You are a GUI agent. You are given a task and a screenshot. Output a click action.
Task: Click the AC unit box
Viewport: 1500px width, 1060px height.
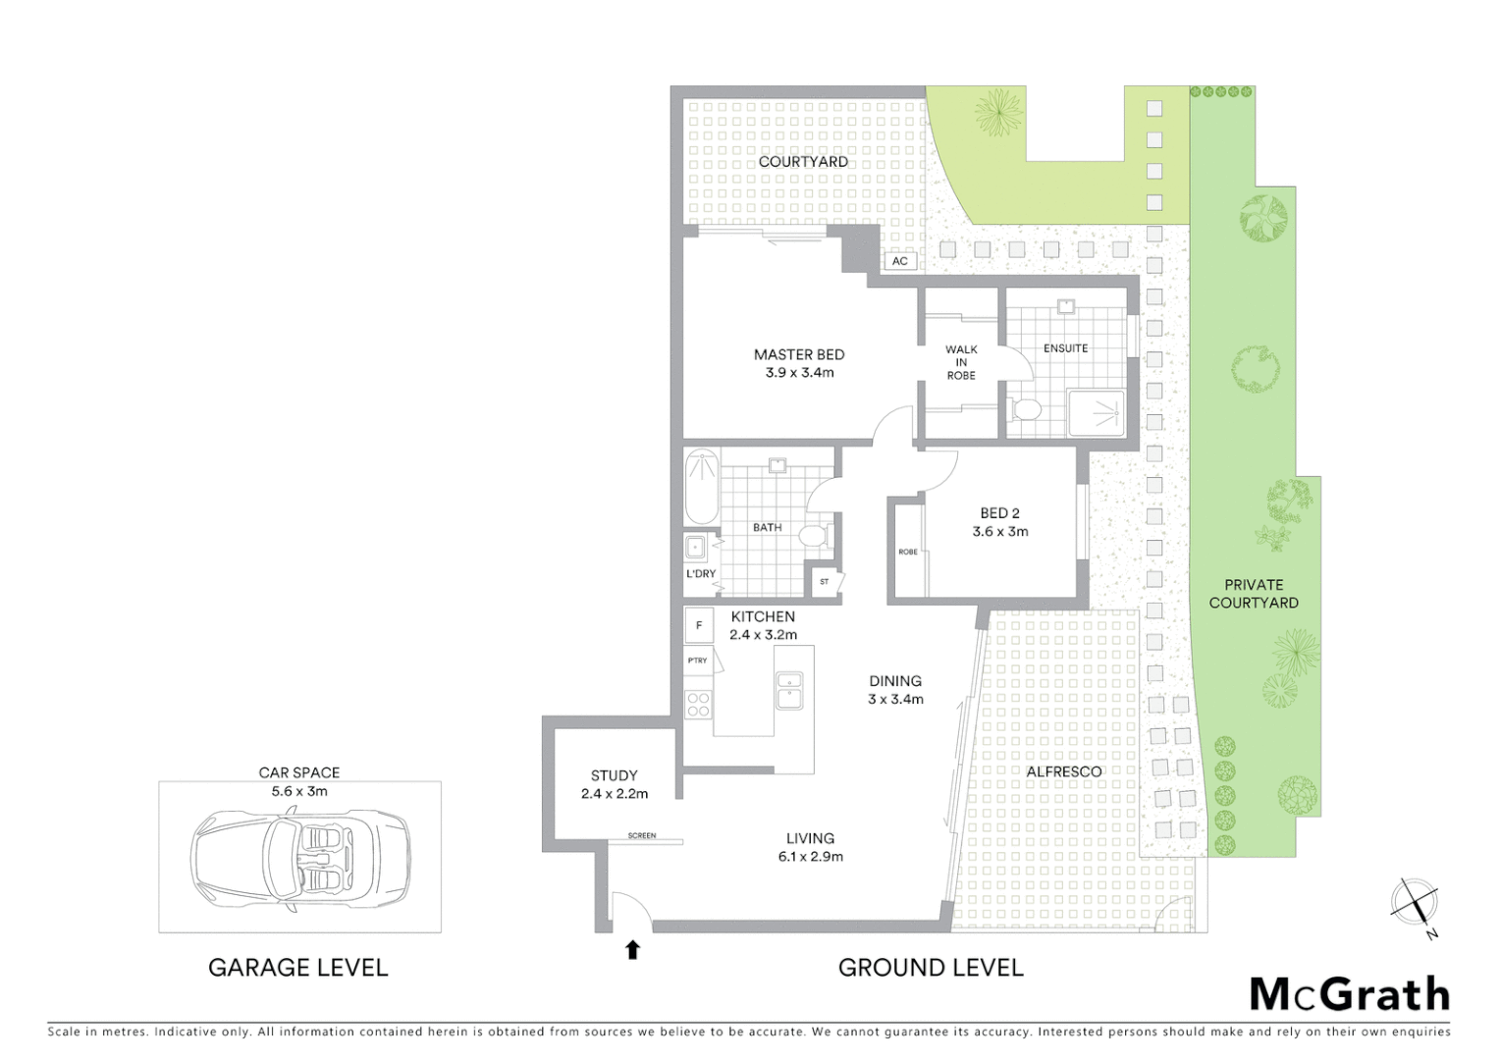899,261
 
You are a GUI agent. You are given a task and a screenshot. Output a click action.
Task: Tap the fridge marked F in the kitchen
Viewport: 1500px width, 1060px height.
699,625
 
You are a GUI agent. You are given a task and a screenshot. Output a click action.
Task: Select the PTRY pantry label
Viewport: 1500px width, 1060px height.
698,661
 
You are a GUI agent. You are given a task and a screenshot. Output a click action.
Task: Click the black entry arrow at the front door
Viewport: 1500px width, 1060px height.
633,949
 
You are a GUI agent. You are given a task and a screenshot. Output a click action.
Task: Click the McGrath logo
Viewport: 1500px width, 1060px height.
1349,994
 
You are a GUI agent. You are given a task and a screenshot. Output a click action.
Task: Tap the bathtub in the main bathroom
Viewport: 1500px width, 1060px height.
700,487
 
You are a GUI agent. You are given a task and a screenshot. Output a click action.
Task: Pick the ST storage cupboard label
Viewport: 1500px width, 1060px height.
825,581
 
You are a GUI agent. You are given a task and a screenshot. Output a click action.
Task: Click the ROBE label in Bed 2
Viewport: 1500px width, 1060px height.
908,552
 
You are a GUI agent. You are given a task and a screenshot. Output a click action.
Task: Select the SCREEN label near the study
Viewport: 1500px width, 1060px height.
642,836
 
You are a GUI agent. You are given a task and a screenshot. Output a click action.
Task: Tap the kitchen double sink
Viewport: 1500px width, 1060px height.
788,690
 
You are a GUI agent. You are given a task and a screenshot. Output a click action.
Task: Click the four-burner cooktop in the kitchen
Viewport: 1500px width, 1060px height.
698,705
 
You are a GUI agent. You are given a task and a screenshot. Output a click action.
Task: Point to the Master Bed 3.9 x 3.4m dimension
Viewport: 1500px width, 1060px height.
799,373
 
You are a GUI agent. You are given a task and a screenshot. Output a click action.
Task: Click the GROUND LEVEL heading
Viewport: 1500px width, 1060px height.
930,968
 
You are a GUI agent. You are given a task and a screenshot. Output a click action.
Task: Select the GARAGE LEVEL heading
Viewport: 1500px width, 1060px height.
297,968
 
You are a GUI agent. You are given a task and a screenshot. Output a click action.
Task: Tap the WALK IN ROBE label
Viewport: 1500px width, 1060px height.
961,362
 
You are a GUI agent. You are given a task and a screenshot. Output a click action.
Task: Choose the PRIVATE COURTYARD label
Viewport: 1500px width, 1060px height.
1253,594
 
